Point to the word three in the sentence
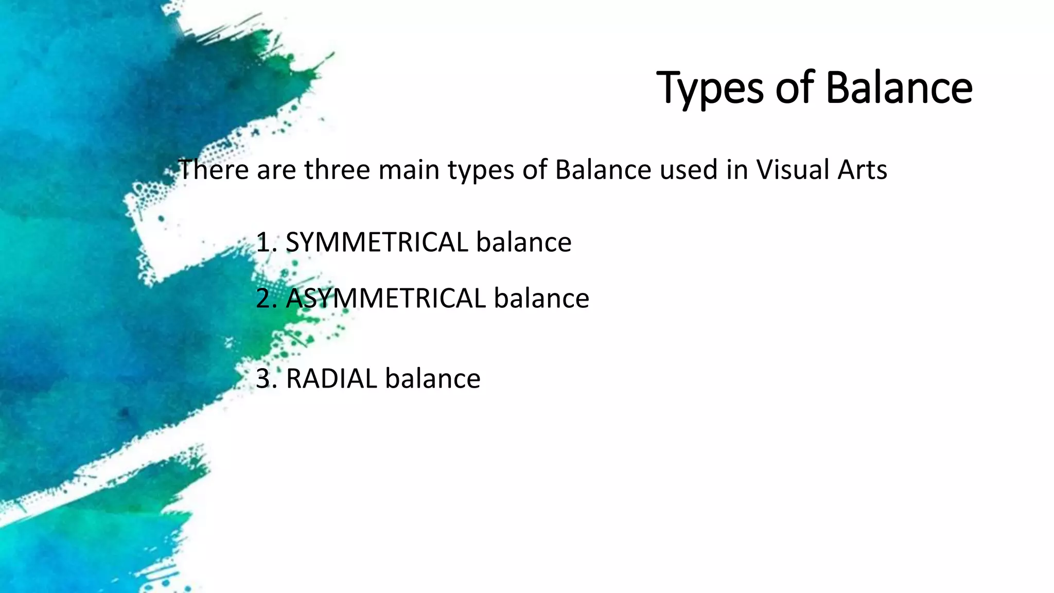click(337, 170)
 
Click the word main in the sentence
click(409, 170)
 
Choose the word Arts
click(862, 170)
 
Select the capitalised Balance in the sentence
click(603, 170)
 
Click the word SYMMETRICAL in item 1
click(377, 242)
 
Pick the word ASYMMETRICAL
click(386, 299)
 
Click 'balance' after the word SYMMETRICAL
click(523, 242)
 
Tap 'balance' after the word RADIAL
click(432, 379)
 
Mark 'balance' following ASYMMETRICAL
click(541, 299)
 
